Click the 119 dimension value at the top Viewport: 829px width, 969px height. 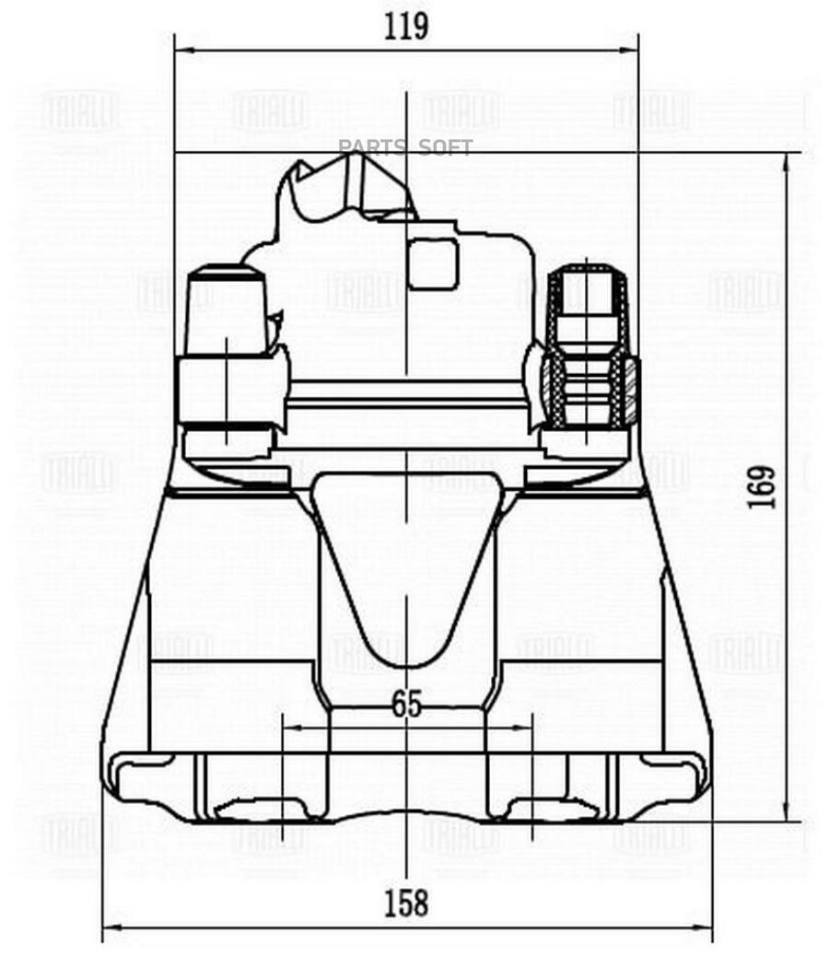[406, 26]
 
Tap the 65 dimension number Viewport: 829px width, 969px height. [406, 705]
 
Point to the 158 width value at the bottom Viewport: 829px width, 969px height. [406, 903]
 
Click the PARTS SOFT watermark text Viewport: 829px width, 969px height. [405, 147]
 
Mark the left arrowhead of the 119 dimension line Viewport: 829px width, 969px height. [181, 50]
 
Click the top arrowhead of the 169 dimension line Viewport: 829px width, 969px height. [786, 160]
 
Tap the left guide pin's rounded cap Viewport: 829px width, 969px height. [226, 276]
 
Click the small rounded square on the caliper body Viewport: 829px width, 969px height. [433, 263]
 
